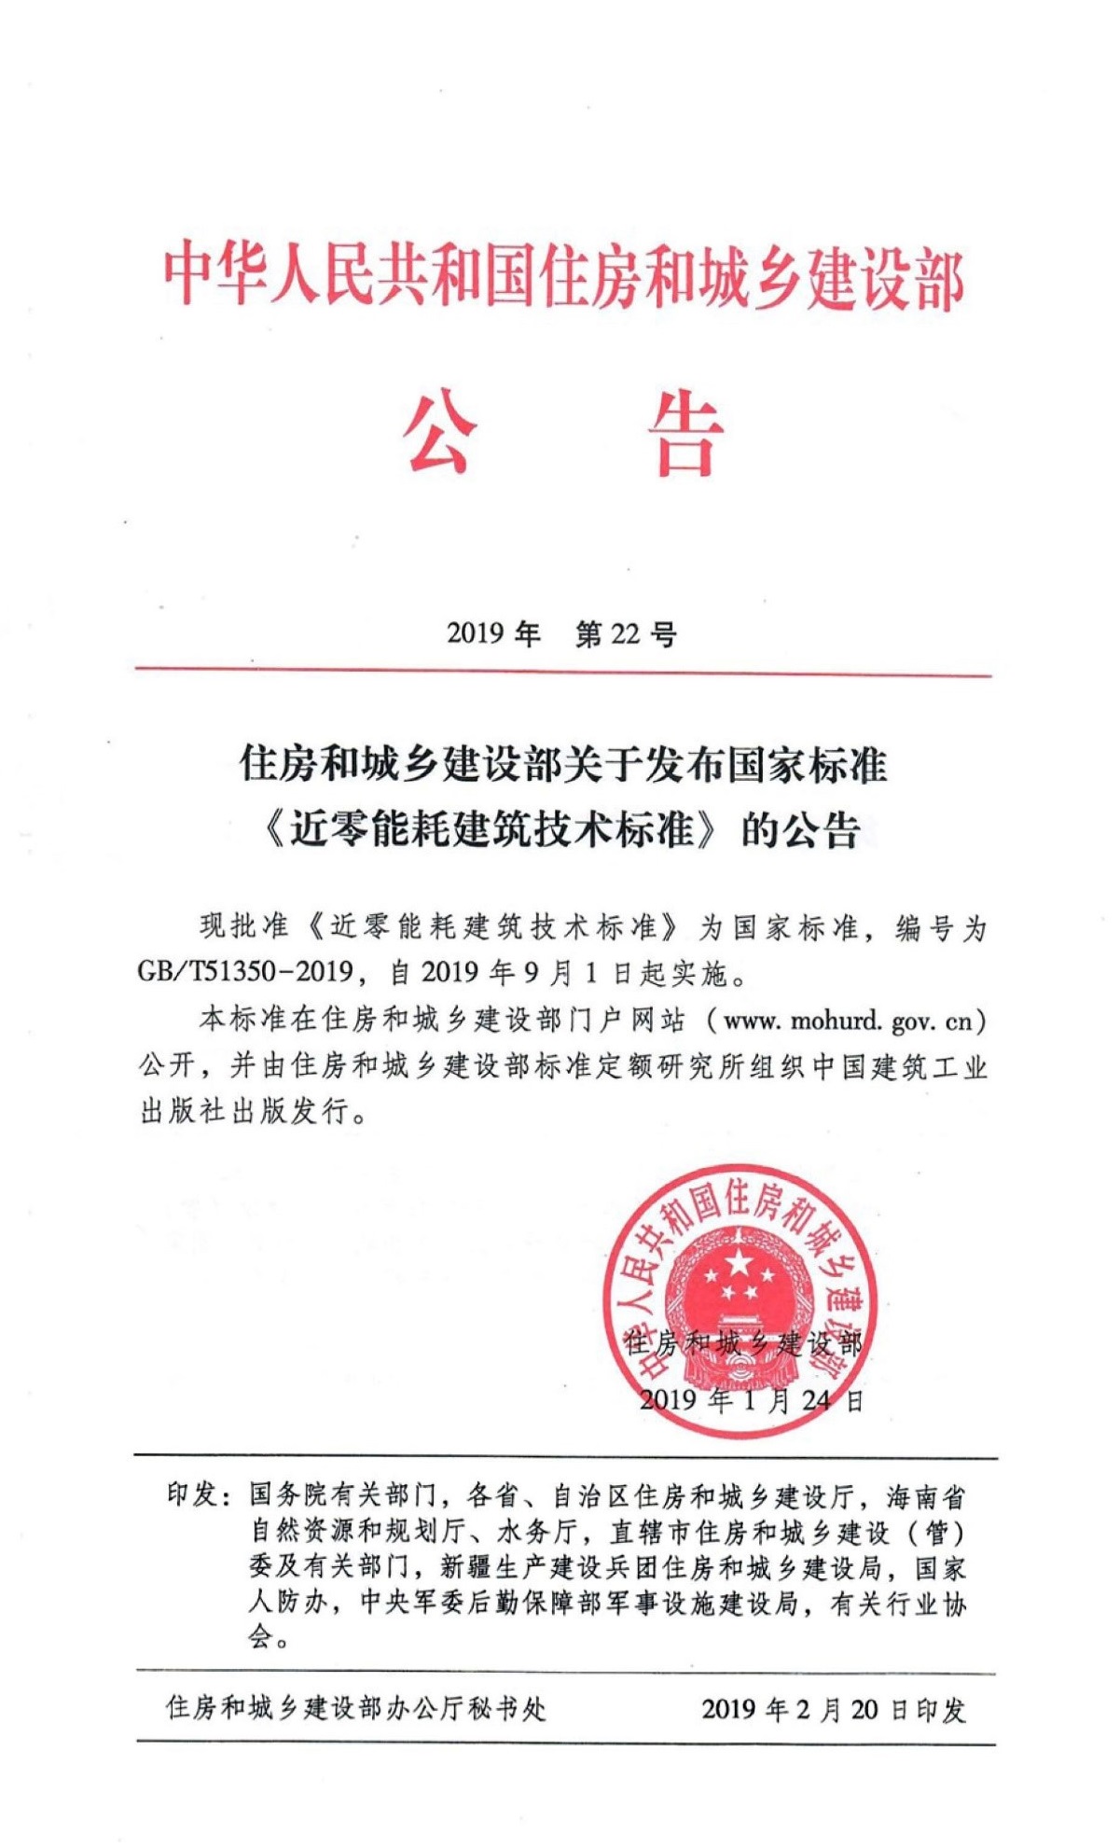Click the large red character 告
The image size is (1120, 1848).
point(685,435)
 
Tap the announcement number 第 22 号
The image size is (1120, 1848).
point(626,635)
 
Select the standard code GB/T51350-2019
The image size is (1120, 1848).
point(244,972)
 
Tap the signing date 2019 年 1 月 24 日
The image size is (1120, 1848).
point(751,1399)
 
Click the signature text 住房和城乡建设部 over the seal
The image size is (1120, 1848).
point(743,1343)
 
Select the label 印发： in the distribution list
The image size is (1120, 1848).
point(199,1495)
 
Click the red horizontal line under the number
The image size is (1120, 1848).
point(562,671)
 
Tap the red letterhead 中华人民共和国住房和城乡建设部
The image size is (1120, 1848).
point(562,275)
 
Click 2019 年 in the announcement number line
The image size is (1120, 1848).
point(493,635)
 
